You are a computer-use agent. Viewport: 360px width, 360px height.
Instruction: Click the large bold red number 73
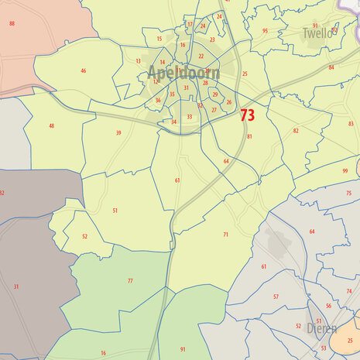248,115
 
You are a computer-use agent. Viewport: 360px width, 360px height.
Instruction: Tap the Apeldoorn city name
183,74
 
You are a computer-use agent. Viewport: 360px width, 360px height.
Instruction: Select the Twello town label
317,34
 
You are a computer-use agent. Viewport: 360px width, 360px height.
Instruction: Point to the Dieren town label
322,328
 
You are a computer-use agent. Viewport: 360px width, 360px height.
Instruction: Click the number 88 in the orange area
12,24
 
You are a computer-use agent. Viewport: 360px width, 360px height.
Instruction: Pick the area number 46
83,70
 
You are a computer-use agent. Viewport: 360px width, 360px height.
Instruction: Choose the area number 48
51,125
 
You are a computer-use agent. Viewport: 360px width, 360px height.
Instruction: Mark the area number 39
118,133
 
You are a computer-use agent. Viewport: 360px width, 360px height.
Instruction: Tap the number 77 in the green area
130,281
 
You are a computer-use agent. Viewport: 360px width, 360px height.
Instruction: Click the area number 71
226,234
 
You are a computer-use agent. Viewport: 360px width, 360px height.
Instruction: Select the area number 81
249,136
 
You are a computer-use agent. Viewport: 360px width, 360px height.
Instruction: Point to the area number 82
296,131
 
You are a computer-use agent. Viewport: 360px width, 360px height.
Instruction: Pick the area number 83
351,123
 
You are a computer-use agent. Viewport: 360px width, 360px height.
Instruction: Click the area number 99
345,170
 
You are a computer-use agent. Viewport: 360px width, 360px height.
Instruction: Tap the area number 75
348,193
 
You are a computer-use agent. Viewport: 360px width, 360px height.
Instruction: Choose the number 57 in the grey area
276,297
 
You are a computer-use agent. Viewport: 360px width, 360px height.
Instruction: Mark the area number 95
265,31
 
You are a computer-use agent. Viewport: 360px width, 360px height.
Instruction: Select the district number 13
138,60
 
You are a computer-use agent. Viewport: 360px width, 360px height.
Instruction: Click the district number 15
159,39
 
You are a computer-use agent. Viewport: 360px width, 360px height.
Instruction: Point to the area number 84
331,67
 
